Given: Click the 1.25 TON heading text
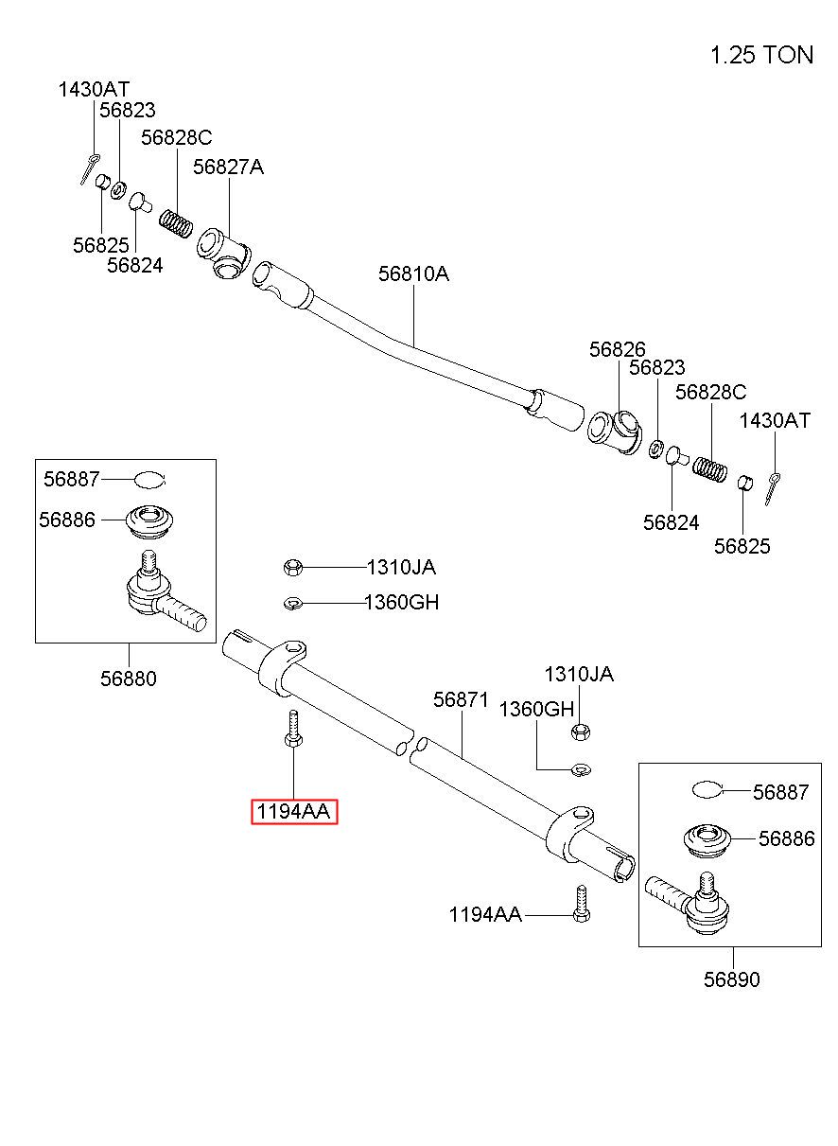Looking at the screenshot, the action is click(x=761, y=55).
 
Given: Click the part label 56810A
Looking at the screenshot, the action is click(x=413, y=274).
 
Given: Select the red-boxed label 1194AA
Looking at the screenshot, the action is click(x=294, y=811).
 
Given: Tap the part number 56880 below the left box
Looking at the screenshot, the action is click(x=129, y=679).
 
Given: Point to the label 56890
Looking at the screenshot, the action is click(x=732, y=979).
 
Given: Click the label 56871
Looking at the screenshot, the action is click(x=461, y=699).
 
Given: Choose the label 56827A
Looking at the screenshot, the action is click(x=228, y=167).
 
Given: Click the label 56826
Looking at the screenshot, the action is click(x=617, y=349).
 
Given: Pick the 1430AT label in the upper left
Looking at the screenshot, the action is click(x=94, y=90).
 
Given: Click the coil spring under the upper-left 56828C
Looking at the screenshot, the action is click(x=176, y=223).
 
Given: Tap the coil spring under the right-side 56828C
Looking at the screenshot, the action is click(x=709, y=469).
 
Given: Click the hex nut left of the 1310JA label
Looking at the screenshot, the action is click(x=293, y=568).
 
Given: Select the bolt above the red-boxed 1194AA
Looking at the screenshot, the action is click(x=293, y=729).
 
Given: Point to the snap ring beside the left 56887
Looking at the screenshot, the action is click(x=150, y=480).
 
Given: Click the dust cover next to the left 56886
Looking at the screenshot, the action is click(x=149, y=521).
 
